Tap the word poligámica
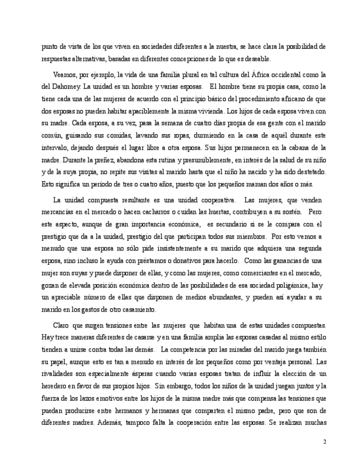point(289,285)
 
